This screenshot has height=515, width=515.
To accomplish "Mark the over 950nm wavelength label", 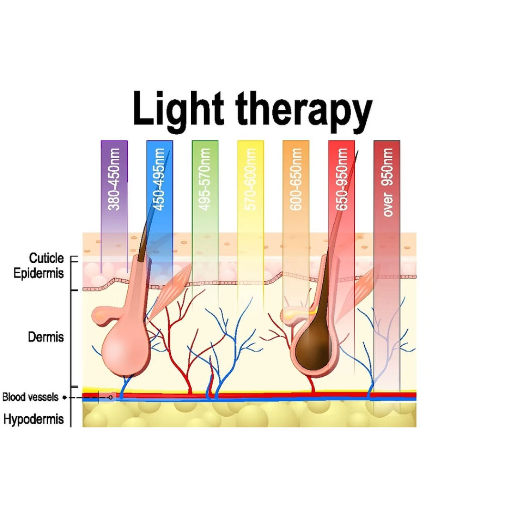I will click(x=387, y=182).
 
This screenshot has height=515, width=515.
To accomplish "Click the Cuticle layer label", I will click(x=46, y=258).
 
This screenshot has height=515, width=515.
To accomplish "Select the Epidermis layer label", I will click(x=39, y=274).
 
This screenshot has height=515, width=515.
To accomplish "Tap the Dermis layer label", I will click(x=46, y=337).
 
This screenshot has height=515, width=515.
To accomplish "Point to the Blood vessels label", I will click(x=31, y=397).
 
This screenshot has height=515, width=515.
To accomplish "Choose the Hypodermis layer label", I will click(x=34, y=420).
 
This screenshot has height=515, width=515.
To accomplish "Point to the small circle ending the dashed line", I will click(x=111, y=397).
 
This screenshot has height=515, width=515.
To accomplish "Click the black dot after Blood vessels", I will click(x=64, y=397).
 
